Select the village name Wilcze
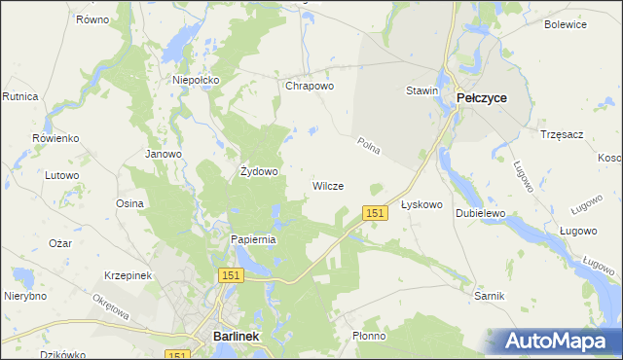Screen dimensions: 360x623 (327, 186)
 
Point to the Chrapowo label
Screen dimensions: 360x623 (310, 86)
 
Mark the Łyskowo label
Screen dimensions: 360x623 (422, 205)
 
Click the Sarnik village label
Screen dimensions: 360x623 (488, 294)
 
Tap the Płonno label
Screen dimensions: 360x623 (369, 336)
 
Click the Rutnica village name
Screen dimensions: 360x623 (19, 97)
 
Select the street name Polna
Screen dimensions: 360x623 (367, 147)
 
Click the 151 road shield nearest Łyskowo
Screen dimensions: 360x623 (376, 212)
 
